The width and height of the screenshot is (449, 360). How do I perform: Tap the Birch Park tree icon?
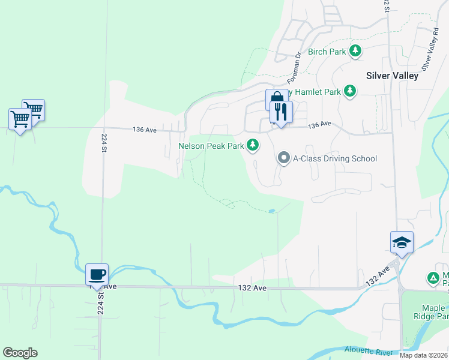point(356,51)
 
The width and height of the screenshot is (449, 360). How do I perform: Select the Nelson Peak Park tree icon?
point(253,145)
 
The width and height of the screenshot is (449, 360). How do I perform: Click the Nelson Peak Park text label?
point(211,145)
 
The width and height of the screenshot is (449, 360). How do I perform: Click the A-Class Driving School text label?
point(334,158)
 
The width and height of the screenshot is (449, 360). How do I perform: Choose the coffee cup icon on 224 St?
point(97,274)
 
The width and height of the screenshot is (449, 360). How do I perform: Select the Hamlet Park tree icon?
point(349,91)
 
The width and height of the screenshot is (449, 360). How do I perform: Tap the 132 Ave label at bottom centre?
point(252,288)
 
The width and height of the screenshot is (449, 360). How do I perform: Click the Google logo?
point(20,352)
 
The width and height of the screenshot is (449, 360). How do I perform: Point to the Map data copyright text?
point(423,355)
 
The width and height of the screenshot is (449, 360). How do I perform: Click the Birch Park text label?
point(327,52)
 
